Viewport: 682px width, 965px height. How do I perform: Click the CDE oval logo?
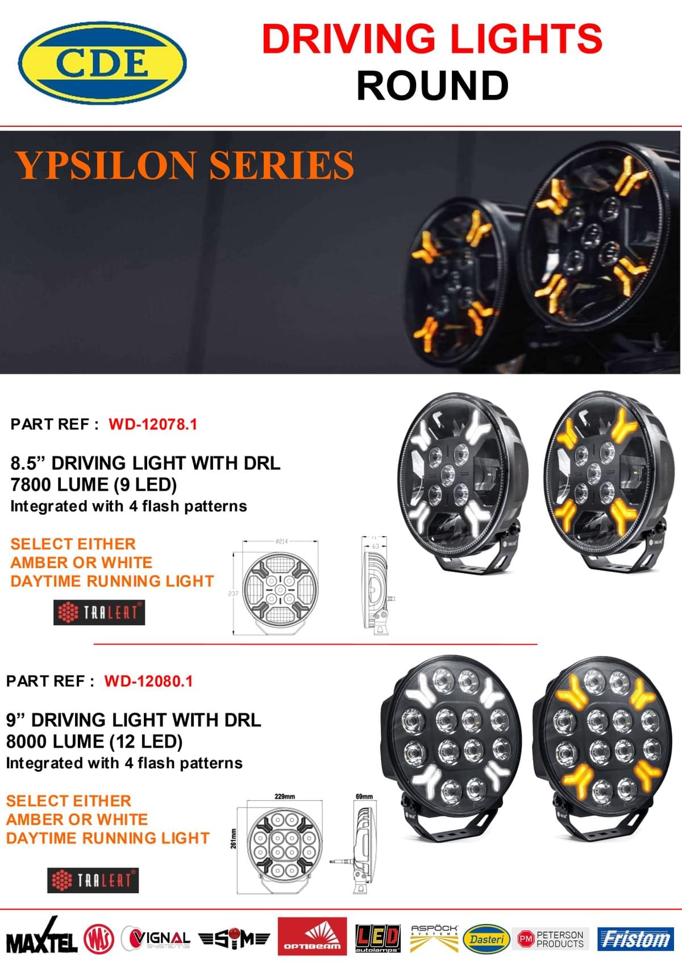point(102,63)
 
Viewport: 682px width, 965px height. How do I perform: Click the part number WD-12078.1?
point(153,424)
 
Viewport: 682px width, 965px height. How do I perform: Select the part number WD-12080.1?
point(148,681)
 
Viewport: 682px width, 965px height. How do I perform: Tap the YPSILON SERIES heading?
point(185,165)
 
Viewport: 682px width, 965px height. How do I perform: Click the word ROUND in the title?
point(432,86)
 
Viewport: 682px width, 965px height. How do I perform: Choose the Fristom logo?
point(635,939)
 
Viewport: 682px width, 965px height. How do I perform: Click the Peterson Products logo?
point(551,939)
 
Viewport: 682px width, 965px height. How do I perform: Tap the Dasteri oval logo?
point(486,939)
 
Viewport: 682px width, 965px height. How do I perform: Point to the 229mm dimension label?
point(284,796)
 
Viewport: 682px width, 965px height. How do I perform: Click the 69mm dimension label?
point(364,796)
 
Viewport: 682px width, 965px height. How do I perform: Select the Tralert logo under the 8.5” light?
point(99,612)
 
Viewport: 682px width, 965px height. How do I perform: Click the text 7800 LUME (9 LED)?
point(94,484)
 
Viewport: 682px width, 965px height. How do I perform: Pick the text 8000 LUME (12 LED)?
point(94,742)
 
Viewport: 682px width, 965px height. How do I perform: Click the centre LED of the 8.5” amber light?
point(595,471)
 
